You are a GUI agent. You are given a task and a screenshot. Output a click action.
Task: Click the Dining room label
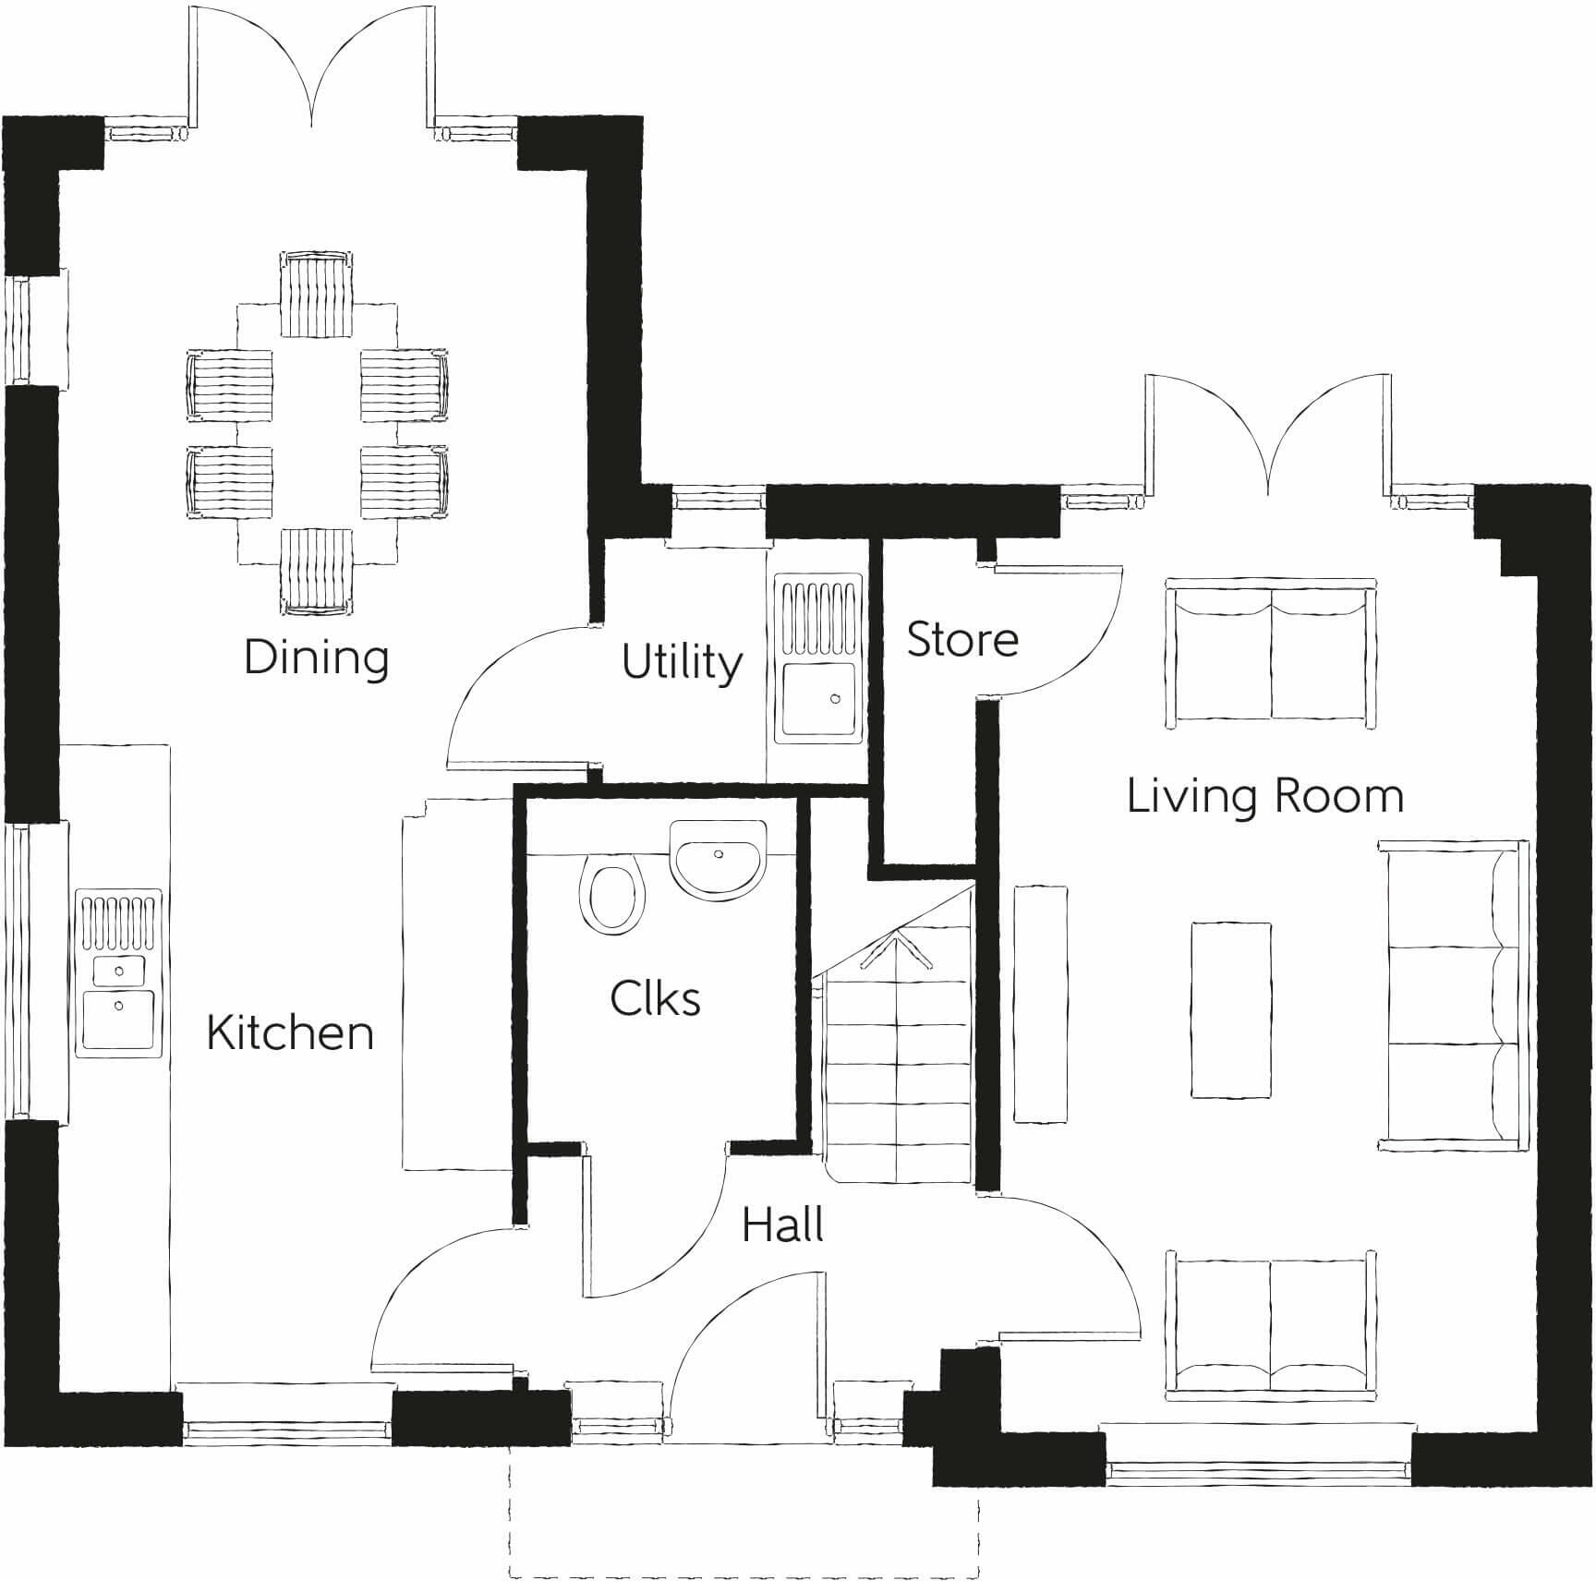316,658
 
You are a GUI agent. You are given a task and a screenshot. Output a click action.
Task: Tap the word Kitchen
290,1032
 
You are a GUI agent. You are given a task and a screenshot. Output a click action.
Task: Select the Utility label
682,661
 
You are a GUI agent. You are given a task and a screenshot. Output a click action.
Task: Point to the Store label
962,639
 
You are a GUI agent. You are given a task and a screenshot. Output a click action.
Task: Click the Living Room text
1264,796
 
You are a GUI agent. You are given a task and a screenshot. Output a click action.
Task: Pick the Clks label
655,998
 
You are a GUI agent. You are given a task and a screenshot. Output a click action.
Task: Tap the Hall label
782,1225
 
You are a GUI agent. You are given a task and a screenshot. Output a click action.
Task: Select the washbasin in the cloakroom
718,859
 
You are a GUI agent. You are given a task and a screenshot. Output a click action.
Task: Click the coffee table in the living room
1230,1009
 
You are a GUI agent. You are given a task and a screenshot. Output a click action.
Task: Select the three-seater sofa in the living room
1450,996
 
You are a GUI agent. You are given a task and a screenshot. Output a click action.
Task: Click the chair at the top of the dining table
316,296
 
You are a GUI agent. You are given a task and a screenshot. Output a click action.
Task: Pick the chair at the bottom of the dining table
316,572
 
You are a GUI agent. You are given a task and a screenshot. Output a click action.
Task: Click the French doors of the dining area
312,69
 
